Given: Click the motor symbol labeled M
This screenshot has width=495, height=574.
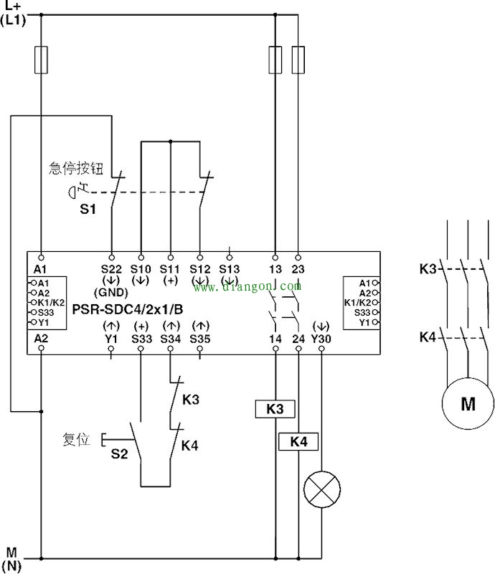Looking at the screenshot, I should (468, 403).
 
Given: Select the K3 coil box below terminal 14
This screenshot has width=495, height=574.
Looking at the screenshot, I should (275, 409).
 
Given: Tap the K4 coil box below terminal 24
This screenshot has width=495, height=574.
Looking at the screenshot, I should (298, 441).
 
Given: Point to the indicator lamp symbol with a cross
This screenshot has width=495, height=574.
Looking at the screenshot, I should (321, 491).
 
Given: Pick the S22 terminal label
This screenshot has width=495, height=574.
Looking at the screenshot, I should (111, 268).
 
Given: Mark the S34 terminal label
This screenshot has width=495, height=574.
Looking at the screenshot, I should (171, 338).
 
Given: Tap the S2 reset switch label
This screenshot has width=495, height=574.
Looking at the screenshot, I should (119, 453).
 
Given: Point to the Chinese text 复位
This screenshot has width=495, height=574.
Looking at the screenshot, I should (76, 439).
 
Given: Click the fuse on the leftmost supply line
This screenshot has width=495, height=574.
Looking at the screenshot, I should (41, 60).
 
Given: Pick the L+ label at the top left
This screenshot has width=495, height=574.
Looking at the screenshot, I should (14, 6).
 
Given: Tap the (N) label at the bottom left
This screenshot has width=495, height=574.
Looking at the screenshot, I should (14, 565).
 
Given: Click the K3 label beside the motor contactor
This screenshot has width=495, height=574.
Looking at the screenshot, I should (428, 270).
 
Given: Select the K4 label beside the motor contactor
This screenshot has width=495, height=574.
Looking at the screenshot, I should (428, 337).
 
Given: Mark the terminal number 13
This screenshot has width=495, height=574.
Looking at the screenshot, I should (275, 268).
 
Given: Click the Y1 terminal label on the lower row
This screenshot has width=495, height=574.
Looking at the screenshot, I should (111, 338).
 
